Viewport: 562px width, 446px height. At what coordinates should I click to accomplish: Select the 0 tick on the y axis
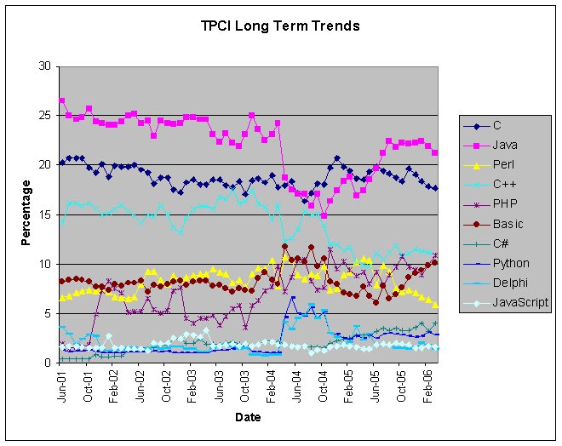coord(48,363)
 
